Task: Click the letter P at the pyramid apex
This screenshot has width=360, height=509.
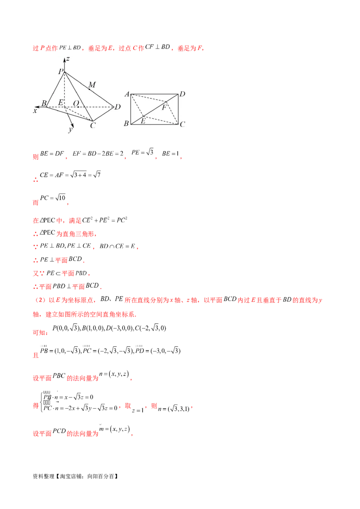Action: (60, 71)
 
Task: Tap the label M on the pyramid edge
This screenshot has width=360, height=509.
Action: (92, 85)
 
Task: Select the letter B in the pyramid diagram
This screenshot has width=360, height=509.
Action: (44, 103)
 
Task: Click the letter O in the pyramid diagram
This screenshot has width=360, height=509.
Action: (76, 103)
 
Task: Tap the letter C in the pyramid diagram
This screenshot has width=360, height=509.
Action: (92, 125)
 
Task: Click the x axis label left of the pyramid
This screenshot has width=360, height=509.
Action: (35, 110)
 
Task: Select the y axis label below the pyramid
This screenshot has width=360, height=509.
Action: (70, 130)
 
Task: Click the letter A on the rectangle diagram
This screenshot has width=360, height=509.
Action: (127, 94)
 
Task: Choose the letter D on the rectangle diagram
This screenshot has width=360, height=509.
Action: (182, 94)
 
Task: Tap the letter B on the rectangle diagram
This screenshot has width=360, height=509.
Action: (126, 123)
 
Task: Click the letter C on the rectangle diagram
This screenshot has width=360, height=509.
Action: (182, 124)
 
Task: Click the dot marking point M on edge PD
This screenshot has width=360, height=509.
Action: (89, 89)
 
